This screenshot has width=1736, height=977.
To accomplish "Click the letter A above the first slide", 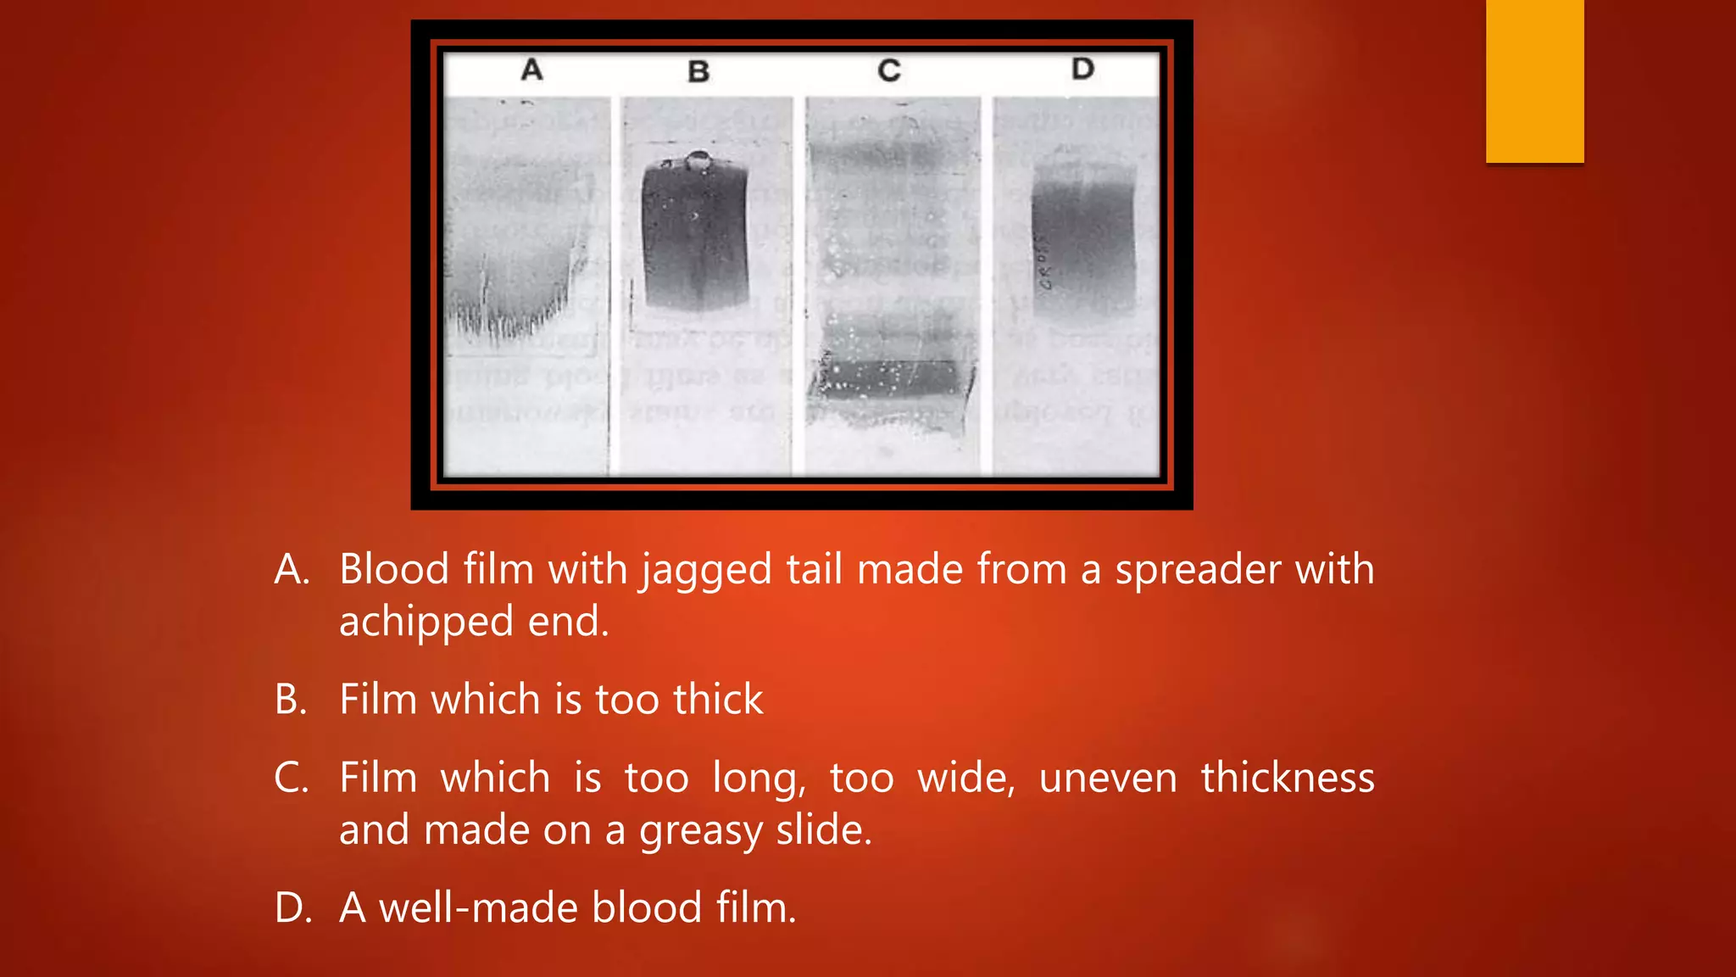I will click(x=531, y=70).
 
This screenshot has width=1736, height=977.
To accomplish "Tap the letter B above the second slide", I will click(x=698, y=72).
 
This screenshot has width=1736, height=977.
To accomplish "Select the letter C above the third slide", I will click(x=889, y=70).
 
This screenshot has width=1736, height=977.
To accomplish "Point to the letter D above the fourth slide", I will click(x=1082, y=69).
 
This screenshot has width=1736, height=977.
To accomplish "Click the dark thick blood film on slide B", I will click(x=695, y=233).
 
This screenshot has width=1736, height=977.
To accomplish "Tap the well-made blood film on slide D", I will click(x=1083, y=246).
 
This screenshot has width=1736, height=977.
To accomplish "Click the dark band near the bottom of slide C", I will click(x=894, y=379).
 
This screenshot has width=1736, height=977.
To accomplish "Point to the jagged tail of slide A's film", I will click(x=509, y=318).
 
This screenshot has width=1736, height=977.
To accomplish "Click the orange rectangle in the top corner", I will click(x=1534, y=81).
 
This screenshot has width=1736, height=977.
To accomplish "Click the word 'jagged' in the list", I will click(x=706, y=570).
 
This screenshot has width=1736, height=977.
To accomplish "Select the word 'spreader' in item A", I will click(x=1197, y=569).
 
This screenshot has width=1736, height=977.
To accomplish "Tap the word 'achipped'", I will click(x=426, y=622).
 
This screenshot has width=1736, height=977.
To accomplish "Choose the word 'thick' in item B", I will click(x=718, y=700).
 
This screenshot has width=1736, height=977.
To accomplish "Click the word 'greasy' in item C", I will click(x=700, y=830).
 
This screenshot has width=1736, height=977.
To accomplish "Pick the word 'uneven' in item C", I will click(x=1108, y=779).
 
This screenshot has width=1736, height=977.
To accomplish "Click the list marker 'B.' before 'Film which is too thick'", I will click(x=291, y=700).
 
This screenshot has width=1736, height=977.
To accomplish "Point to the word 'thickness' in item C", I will click(x=1288, y=778).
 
